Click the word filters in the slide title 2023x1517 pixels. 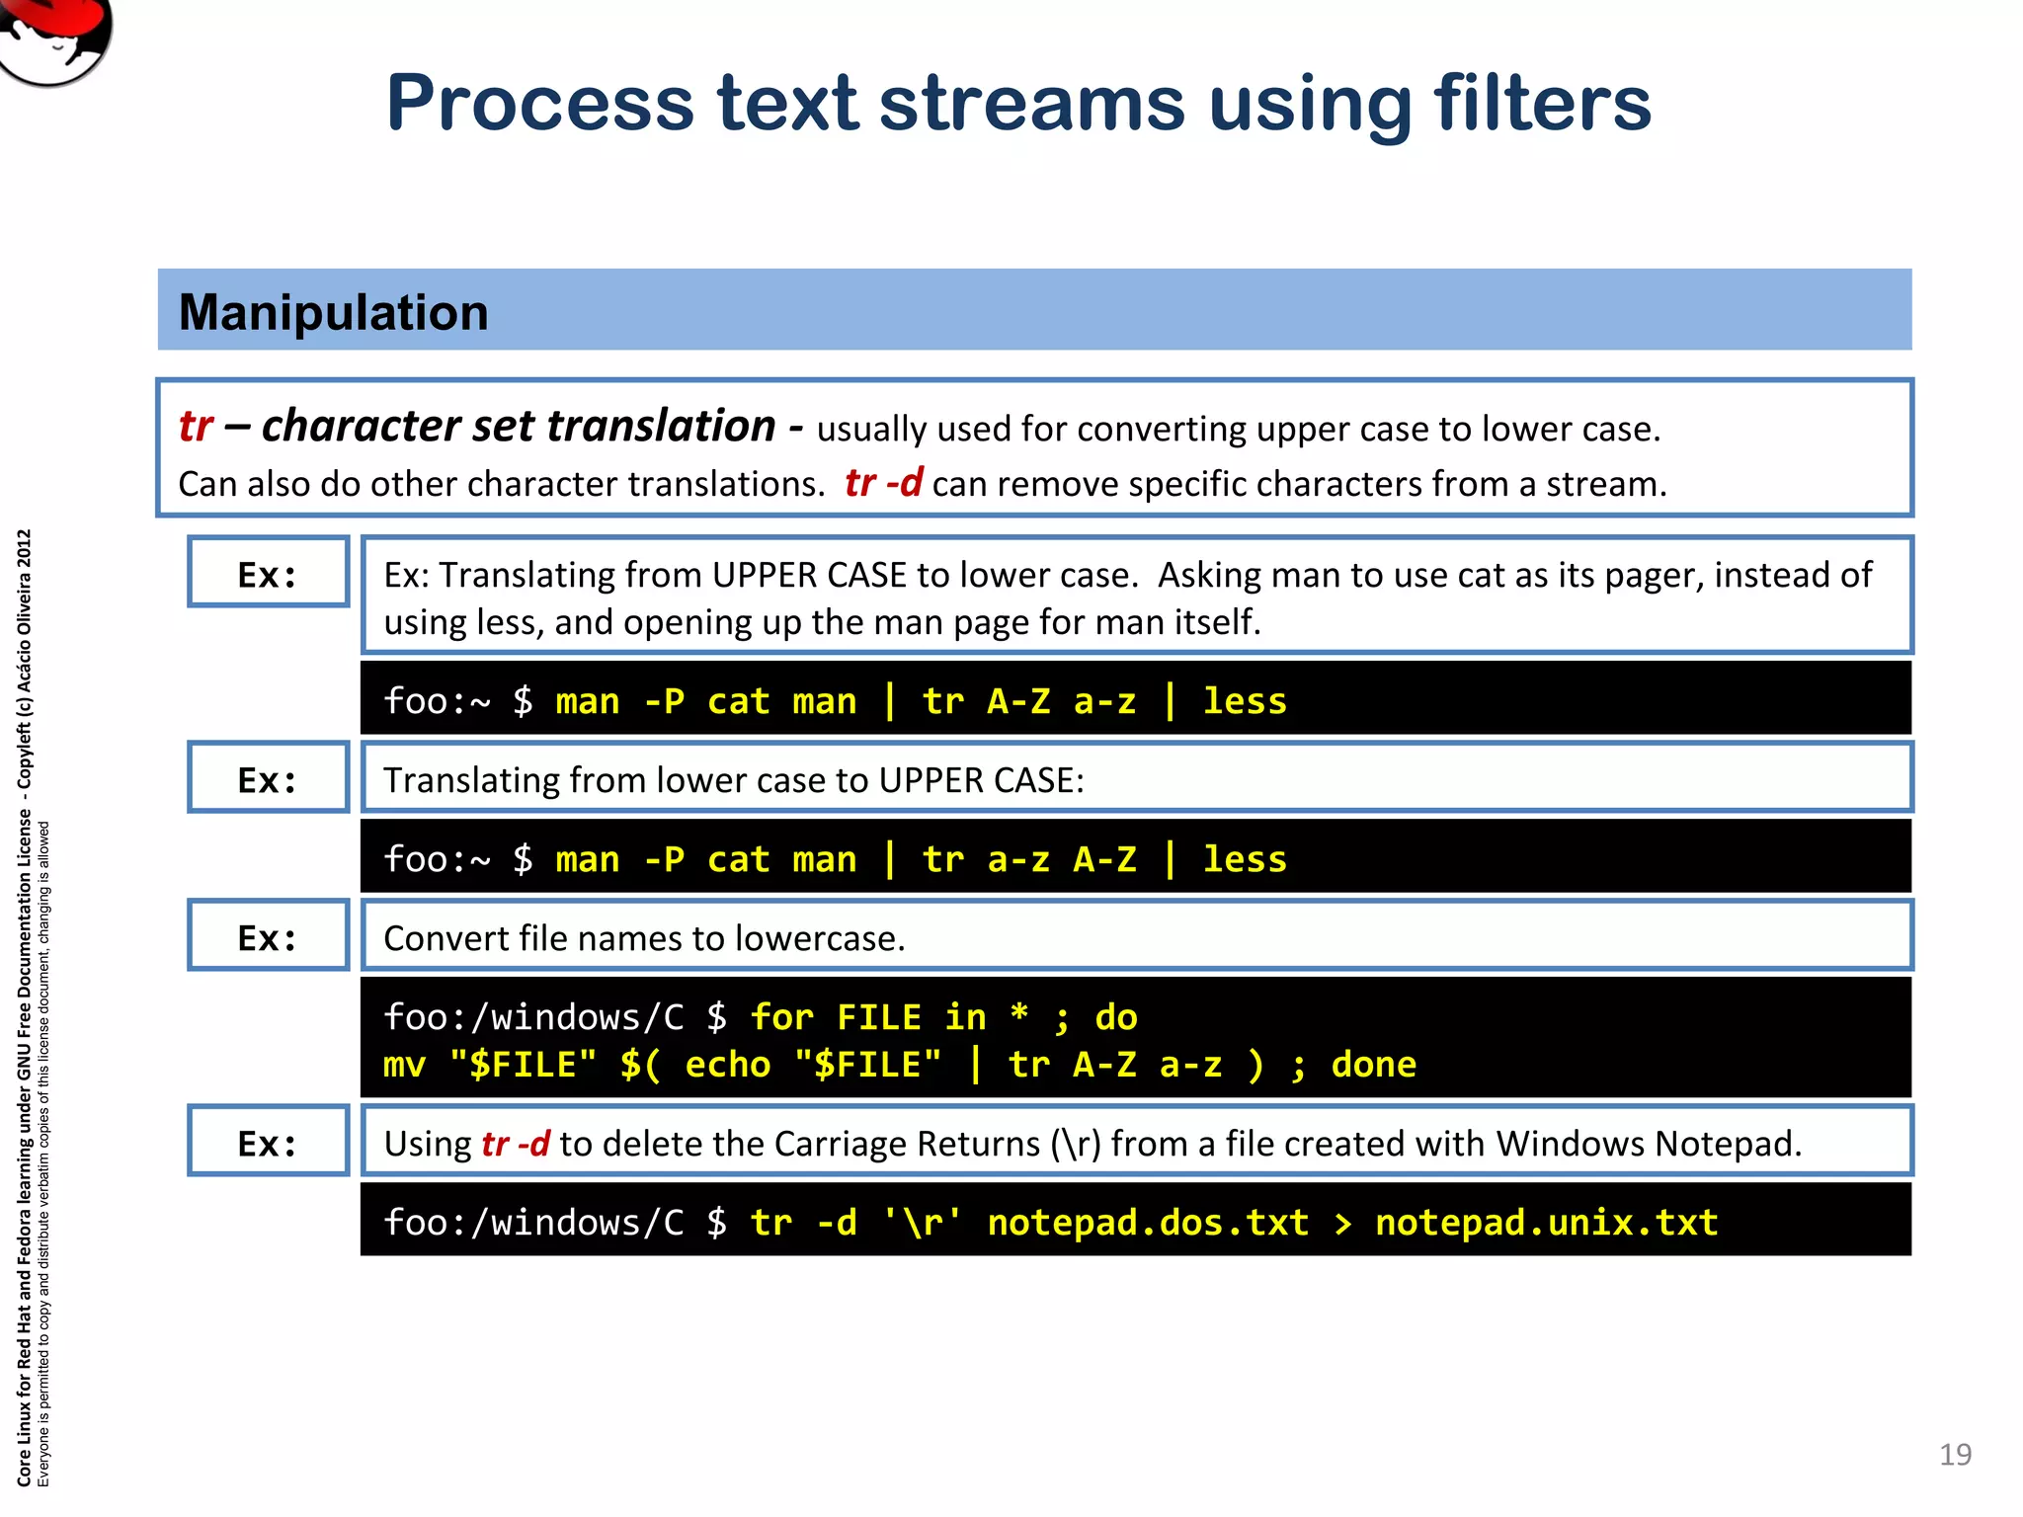pos(1541,103)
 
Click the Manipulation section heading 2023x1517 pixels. pos(334,312)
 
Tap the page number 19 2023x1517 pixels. pos(1955,1454)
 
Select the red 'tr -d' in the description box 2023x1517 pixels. pos(883,483)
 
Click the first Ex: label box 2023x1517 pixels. pos(268,573)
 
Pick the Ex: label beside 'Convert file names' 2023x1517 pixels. pos(268,936)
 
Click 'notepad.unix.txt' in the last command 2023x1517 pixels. pos(1546,1223)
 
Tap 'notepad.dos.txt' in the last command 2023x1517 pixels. pos(1148,1223)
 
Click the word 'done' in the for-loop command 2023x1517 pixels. pos(1373,1065)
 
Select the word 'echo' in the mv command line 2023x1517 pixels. pos(727,1065)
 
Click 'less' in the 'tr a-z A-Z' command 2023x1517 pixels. pos(1245,859)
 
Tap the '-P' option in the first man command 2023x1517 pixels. pos(664,701)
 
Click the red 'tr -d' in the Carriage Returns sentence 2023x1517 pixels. pos(515,1144)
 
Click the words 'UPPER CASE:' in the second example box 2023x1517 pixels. pos(981,780)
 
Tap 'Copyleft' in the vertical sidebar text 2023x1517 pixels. pos(25,754)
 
